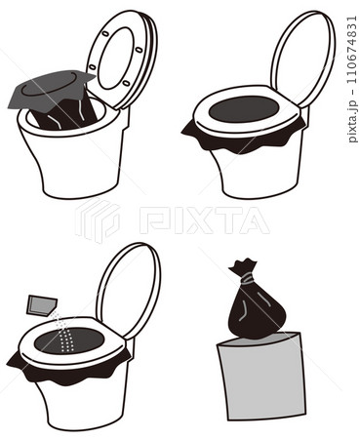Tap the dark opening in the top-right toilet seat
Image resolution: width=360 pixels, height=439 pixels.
[244, 108]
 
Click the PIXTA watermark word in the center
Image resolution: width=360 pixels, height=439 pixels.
[204, 220]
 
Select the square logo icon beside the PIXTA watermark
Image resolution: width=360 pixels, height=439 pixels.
[98, 221]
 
